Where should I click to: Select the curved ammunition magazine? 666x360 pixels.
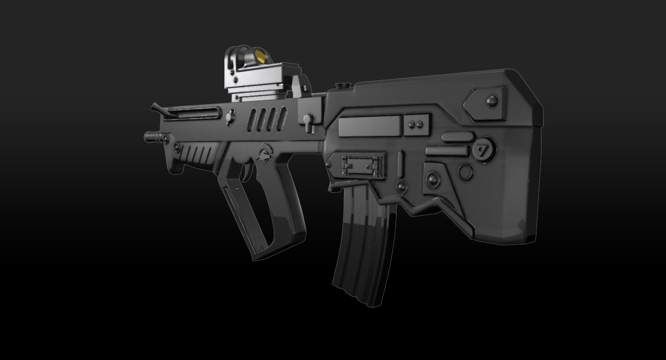[364, 243]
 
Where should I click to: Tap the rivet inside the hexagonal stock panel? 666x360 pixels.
[492, 101]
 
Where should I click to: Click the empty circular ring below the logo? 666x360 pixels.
[465, 171]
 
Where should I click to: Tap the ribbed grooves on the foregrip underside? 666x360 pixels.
[196, 154]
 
